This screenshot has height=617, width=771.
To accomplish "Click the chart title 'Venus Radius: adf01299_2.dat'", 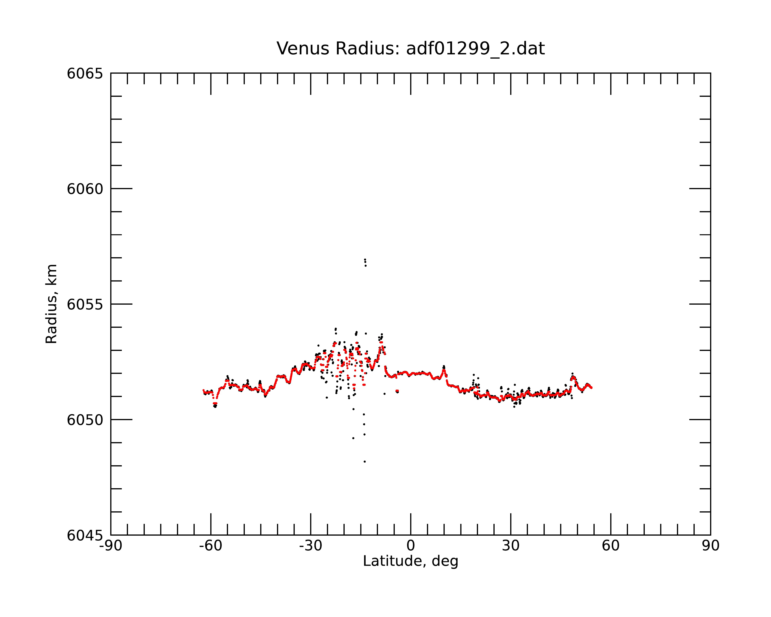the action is point(411,49).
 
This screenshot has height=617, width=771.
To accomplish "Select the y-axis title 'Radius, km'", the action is point(51,304).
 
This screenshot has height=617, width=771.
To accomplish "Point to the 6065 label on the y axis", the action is point(85,74).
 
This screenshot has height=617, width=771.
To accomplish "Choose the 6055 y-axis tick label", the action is point(85,304).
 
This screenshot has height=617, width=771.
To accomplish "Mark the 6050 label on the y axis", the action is point(85,420).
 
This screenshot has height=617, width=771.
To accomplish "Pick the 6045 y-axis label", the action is point(85,535).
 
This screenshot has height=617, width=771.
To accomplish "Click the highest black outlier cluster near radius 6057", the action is point(365,263).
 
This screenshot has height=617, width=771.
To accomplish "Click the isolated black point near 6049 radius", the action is point(353,438).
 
